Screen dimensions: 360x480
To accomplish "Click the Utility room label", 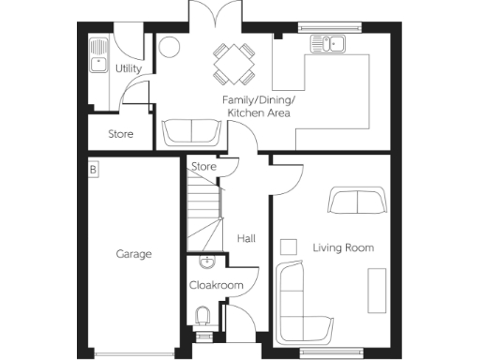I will [x=128, y=69].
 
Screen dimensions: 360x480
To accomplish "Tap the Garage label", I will [x=134, y=253].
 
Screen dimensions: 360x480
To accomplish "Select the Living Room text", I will [x=343, y=247].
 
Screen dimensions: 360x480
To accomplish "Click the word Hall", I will [x=246, y=239].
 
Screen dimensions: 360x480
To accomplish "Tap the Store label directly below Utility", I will [x=120, y=134].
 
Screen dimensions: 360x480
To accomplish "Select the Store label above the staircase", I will [x=203, y=167].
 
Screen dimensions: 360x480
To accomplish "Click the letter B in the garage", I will [x=94, y=170].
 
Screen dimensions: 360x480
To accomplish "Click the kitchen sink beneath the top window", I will [x=329, y=42].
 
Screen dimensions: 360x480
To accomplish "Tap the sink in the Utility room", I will [x=97, y=55].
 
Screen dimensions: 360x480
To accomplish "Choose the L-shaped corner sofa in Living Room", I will [x=298, y=306].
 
